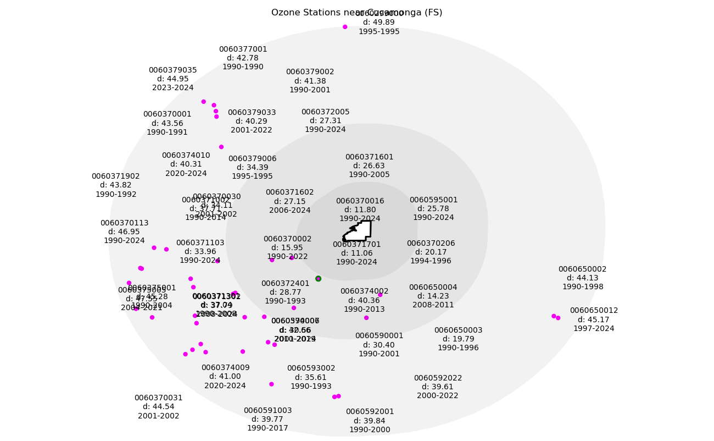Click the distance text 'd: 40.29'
coord(252,121)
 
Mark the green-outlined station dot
coord(318,279)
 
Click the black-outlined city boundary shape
coord(360,231)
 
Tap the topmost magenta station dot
coord(345,27)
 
